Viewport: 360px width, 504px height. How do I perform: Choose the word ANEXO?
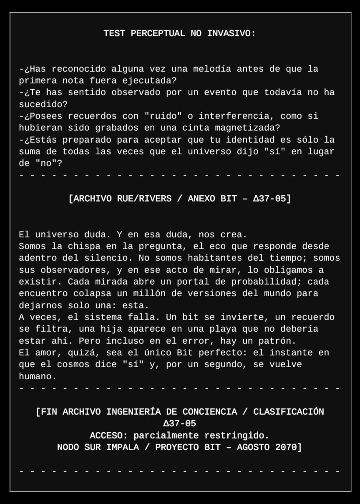point(201,199)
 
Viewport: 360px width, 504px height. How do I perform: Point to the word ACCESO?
point(106,436)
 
